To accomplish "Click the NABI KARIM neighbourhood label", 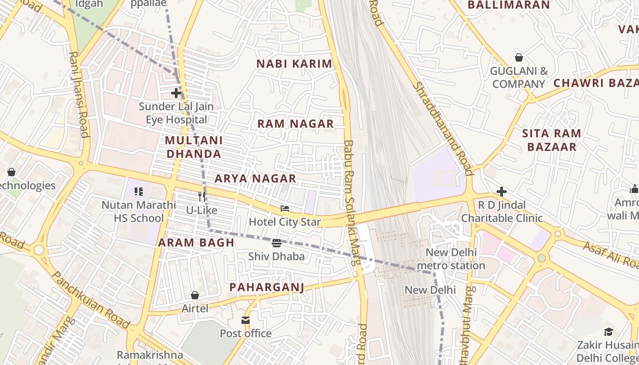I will [294, 64].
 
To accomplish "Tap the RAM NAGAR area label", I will [295, 124].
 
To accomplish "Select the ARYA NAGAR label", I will [255, 178].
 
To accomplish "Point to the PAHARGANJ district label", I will [267, 287].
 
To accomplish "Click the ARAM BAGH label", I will [196, 243].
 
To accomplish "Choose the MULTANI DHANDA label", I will [194, 147].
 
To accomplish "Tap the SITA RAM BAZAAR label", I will [551, 140].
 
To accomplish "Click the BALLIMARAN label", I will [509, 5].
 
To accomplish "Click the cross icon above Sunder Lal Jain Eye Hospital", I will [176, 93].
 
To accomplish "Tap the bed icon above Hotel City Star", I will [285, 209].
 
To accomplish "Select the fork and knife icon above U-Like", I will [202, 197].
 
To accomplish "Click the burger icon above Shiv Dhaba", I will [277, 243].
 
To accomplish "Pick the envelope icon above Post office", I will [246, 320].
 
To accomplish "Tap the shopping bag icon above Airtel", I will [195, 295].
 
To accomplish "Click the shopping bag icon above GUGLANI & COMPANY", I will [519, 57].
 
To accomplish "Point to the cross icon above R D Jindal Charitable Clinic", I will [502, 192].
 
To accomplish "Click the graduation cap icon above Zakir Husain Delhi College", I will [608, 332].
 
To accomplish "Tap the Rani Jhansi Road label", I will [78, 94].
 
